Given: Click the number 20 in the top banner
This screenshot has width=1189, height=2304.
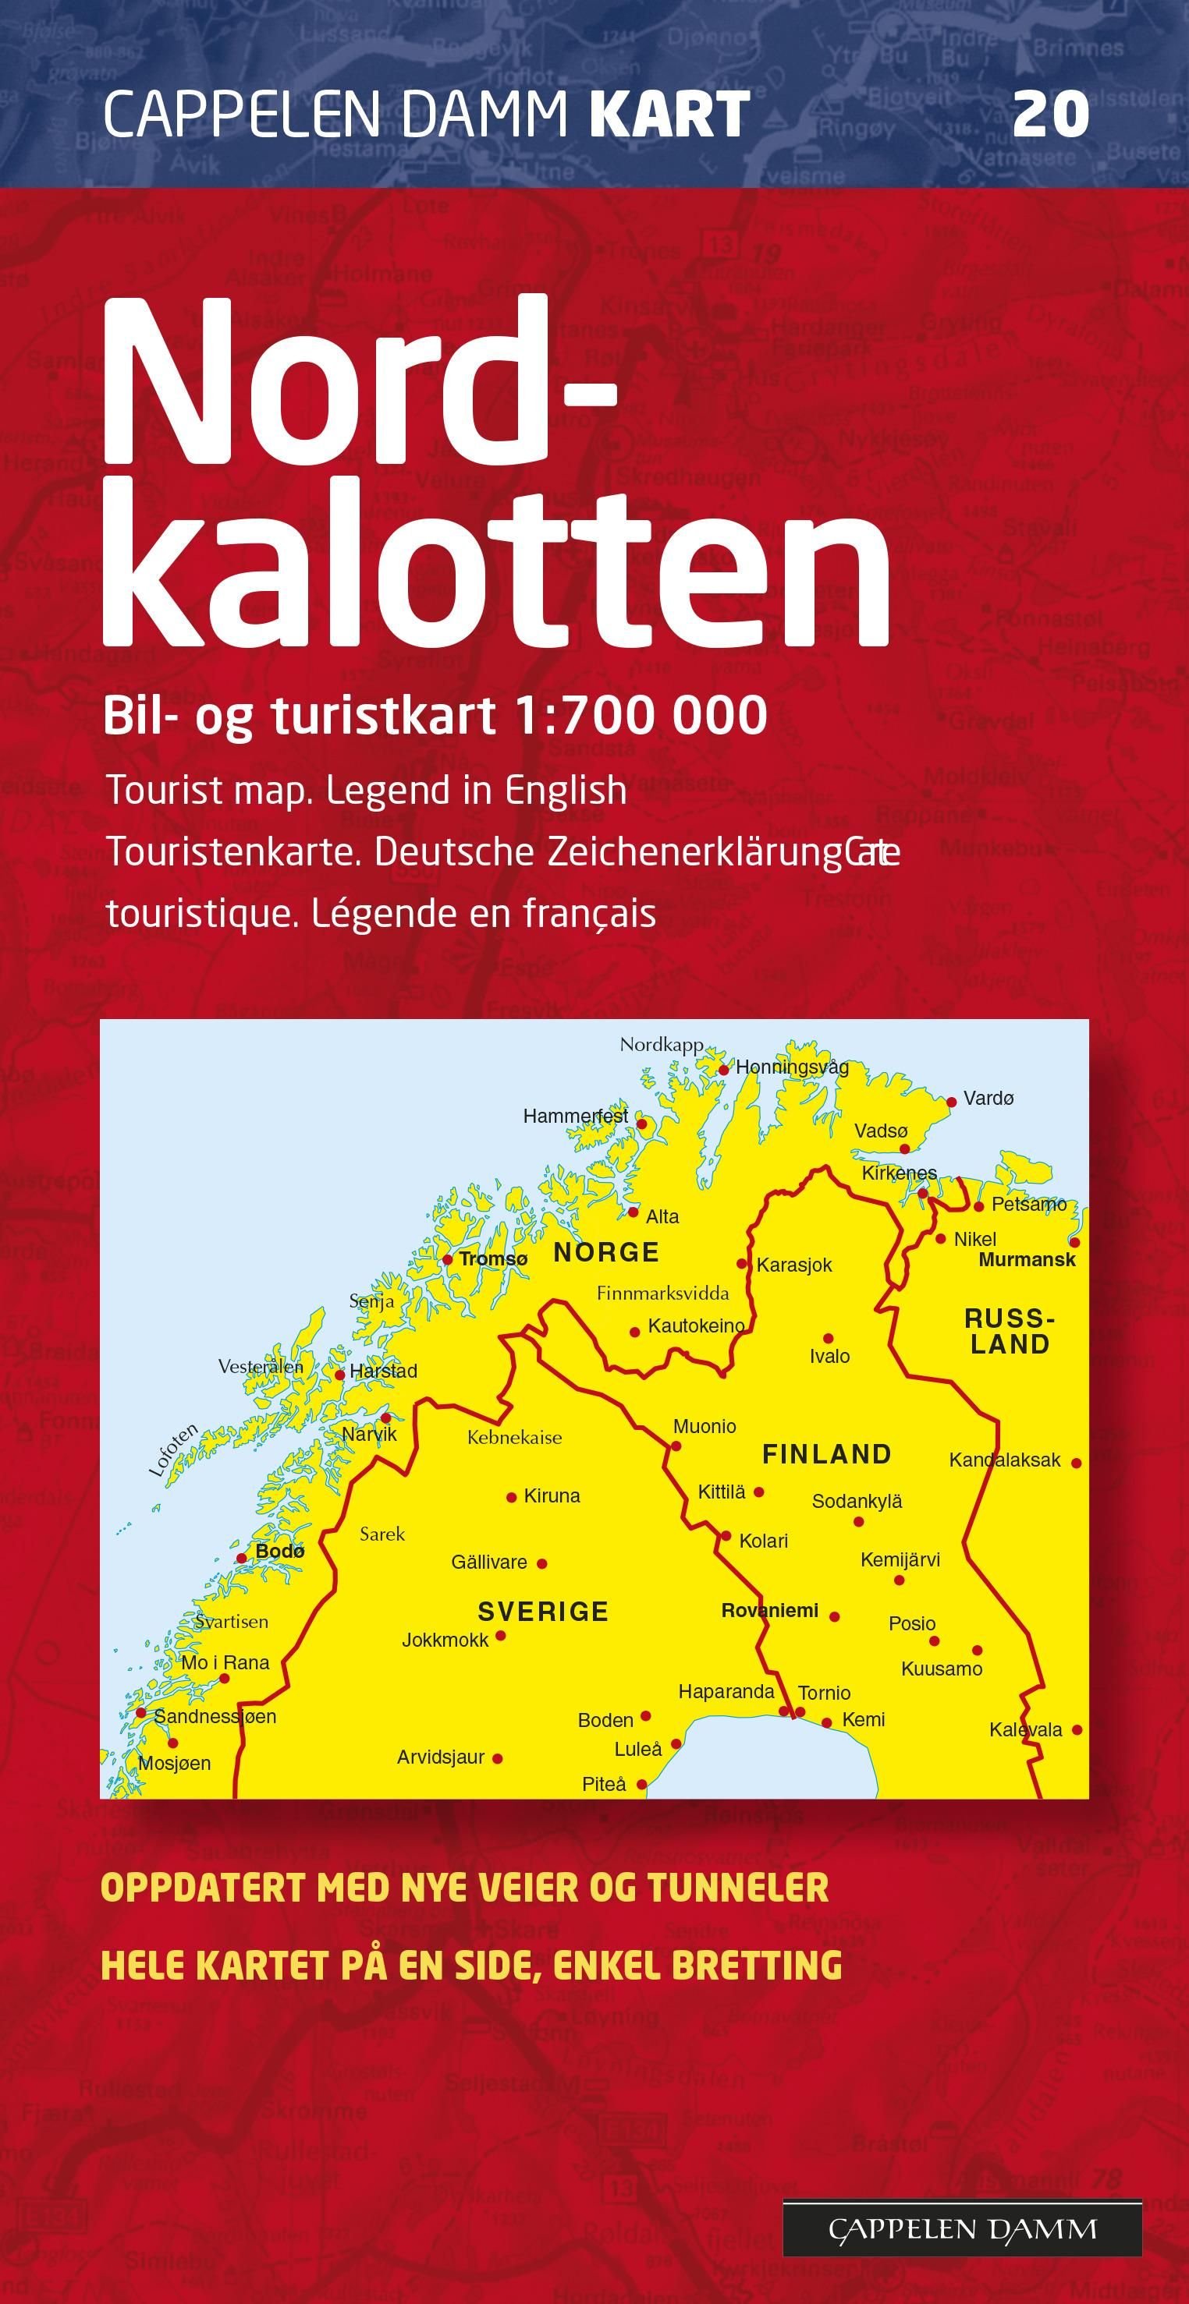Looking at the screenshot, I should [1050, 115].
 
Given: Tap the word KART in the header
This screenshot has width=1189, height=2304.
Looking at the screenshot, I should [669, 115].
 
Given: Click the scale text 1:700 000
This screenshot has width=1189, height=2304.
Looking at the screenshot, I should [641, 716].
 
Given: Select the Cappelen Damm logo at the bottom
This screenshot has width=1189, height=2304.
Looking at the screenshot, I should [962, 2229].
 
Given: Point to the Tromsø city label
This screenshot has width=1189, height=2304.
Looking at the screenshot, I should [493, 1259].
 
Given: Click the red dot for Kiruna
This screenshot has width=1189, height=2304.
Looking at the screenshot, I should [512, 1497].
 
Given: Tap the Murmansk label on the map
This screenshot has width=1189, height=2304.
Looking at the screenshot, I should [1026, 1260].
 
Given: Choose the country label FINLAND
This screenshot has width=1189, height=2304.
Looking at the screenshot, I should [827, 1454].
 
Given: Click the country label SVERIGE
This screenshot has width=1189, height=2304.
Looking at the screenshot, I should [543, 1612].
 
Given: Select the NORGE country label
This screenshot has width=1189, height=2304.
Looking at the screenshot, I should [606, 1252].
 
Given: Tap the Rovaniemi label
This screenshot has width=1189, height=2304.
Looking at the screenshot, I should [769, 1611].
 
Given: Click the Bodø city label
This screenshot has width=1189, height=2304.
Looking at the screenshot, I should [280, 1552].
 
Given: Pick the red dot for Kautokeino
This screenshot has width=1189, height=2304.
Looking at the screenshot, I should [635, 1332].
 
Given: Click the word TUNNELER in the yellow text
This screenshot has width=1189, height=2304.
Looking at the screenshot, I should [738, 1889].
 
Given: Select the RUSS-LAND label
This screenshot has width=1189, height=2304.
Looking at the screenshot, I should [1010, 1331].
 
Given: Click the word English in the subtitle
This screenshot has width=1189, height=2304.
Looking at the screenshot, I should [566, 791].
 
